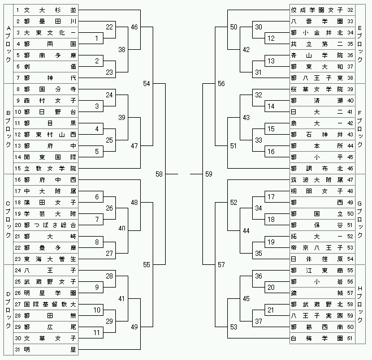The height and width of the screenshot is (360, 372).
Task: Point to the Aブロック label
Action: click(x=7, y=44)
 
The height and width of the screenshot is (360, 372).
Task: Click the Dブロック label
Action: click(x=7, y=310)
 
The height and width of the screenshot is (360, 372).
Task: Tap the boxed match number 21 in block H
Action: click(x=271, y=310)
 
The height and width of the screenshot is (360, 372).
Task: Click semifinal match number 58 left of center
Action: click(x=159, y=174)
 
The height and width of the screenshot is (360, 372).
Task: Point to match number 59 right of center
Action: click(x=209, y=174)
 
